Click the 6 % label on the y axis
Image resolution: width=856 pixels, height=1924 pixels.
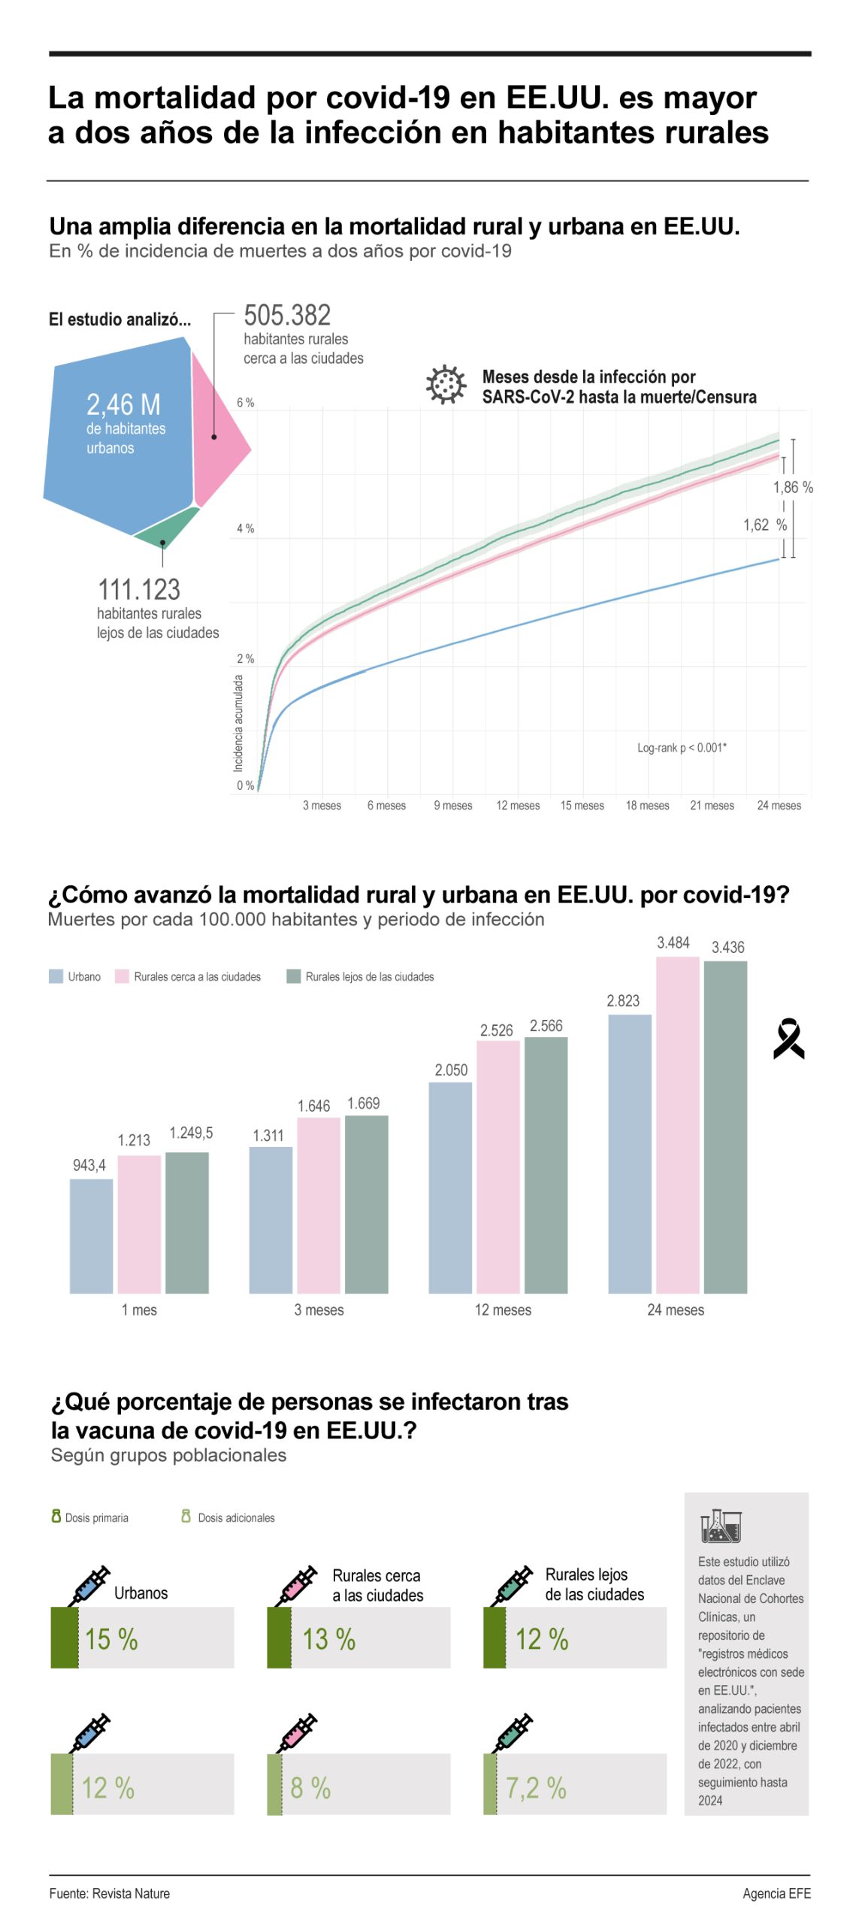coord(245,402)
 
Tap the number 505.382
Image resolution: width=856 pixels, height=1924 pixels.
coord(286,314)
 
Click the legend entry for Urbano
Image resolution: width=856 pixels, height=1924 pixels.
coord(74,976)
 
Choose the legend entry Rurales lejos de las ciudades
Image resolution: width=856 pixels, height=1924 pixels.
coord(360,976)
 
